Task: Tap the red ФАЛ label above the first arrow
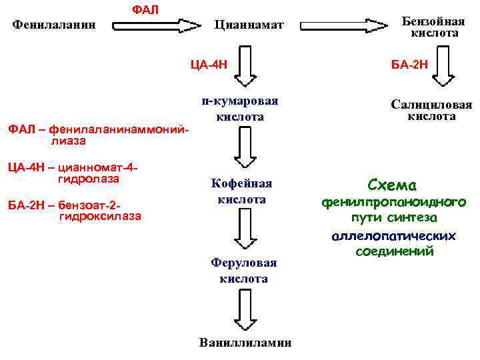click(x=145, y=10)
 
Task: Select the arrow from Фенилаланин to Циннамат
click(x=157, y=26)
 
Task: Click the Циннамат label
click(x=249, y=25)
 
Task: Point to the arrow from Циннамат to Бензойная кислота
click(x=344, y=26)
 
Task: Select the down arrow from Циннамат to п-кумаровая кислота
click(x=247, y=68)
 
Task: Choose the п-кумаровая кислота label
click(x=240, y=109)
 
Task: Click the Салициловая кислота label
click(x=431, y=110)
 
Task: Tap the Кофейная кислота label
click(x=241, y=191)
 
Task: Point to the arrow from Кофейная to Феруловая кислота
click(x=244, y=233)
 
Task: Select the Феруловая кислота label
click(x=243, y=271)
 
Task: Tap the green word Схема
click(x=391, y=185)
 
